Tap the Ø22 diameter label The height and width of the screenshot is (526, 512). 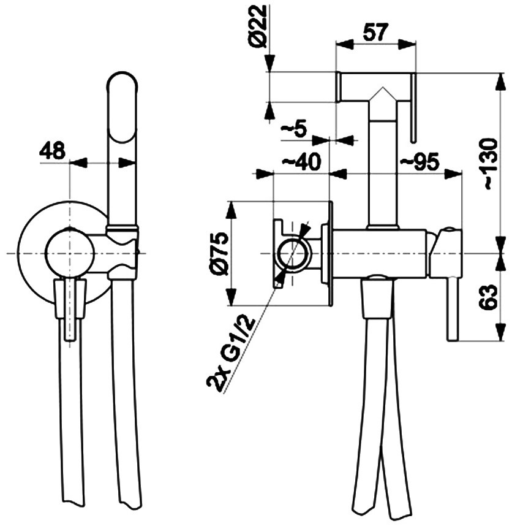(x=259, y=26)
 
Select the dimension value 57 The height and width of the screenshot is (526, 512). (x=375, y=32)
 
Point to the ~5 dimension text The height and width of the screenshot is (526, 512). (x=293, y=129)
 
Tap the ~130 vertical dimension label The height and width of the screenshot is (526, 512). (x=488, y=164)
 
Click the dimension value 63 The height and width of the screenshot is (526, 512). (x=488, y=297)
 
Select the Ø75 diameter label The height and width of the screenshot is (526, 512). (x=219, y=254)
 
